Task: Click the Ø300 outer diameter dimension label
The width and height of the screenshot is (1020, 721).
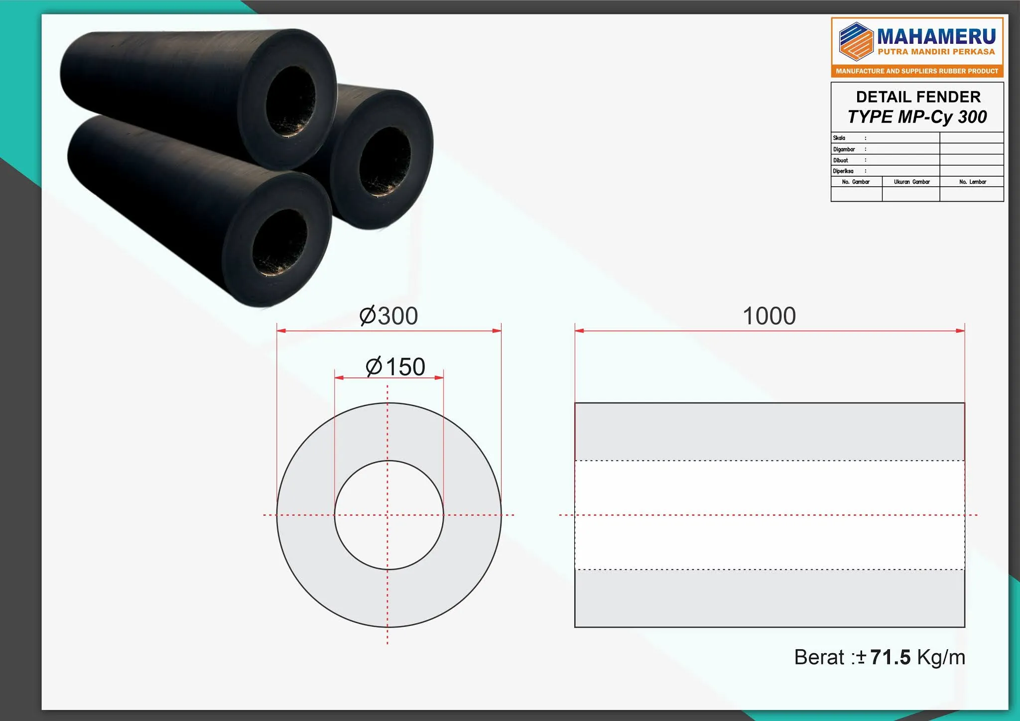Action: [388, 316]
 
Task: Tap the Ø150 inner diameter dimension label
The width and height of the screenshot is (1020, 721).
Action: [395, 366]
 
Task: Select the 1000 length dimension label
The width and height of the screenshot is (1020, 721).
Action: [769, 316]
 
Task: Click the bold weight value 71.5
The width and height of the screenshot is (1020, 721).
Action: [891, 657]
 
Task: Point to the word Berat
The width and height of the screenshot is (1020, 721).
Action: [819, 657]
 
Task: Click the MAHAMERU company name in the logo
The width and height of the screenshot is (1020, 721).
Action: [936, 36]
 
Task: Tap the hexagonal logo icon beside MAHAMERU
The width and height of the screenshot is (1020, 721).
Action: [856, 41]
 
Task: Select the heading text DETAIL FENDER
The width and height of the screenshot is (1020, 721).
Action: [918, 97]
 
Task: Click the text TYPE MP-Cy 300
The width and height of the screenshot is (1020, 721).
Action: [917, 117]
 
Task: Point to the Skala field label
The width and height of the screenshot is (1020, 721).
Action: [839, 138]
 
